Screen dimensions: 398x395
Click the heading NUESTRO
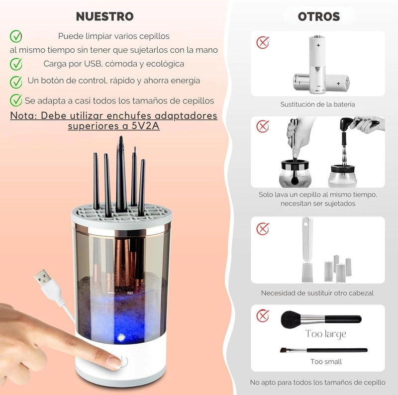104,16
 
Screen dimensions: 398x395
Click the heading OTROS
318,17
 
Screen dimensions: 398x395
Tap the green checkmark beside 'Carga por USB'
16,64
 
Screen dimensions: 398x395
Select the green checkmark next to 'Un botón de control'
16,82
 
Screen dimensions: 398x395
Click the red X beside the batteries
263,42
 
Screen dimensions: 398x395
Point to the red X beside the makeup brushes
263,315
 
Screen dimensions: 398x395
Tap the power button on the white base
123,361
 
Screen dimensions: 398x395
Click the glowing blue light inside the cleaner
121,337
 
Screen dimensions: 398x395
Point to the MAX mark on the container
130,293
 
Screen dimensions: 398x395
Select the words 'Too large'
326,334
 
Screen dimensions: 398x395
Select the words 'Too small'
326,362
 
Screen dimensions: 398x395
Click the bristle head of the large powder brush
291,319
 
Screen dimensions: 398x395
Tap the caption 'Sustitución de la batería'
317,104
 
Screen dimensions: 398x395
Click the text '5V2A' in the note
145,126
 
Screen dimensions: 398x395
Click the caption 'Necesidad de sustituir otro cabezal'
317,293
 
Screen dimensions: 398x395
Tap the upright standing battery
318,65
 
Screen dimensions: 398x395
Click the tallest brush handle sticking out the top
121,170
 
